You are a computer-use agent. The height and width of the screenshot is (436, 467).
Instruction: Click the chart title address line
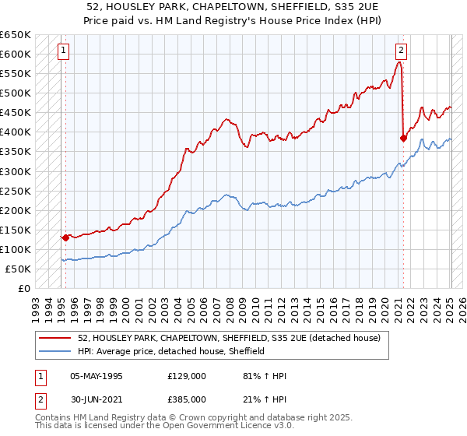[x=233, y=6]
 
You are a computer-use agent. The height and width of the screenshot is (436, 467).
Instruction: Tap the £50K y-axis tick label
[x=19, y=269]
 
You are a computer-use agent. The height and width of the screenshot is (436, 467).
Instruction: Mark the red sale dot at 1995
[x=65, y=237]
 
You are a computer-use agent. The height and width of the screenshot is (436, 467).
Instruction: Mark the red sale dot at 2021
[x=403, y=139]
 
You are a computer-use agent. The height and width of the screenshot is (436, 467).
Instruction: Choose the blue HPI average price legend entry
[x=171, y=351]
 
